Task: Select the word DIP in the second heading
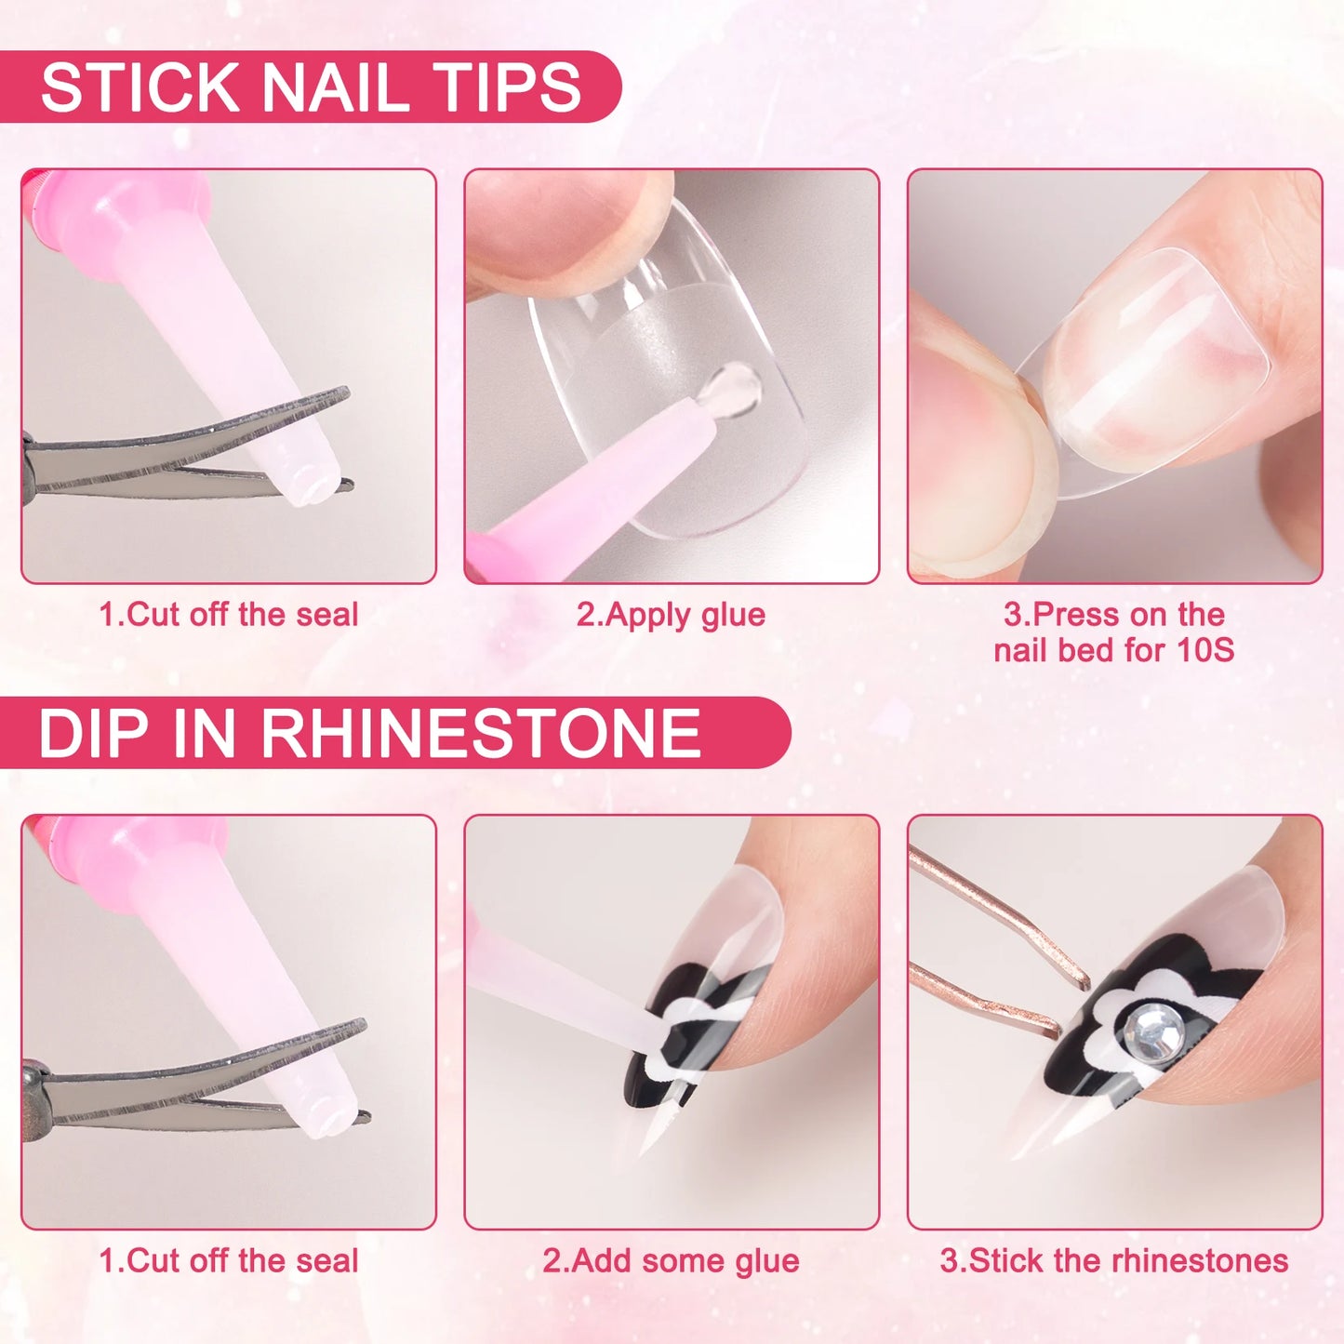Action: pyautogui.click(x=93, y=733)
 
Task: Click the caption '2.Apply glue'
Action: pyautogui.click(x=671, y=615)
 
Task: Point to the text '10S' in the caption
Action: pyautogui.click(x=1205, y=650)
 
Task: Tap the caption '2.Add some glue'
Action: pyautogui.click(x=671, y=1261)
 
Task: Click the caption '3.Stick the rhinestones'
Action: pyautogui.click(x=1113, y=1261)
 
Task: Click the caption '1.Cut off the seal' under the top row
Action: pyautogui.click(x=228, y=615)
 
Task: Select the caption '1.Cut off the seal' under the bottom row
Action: pyautogui.click(x=228, y=1261)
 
